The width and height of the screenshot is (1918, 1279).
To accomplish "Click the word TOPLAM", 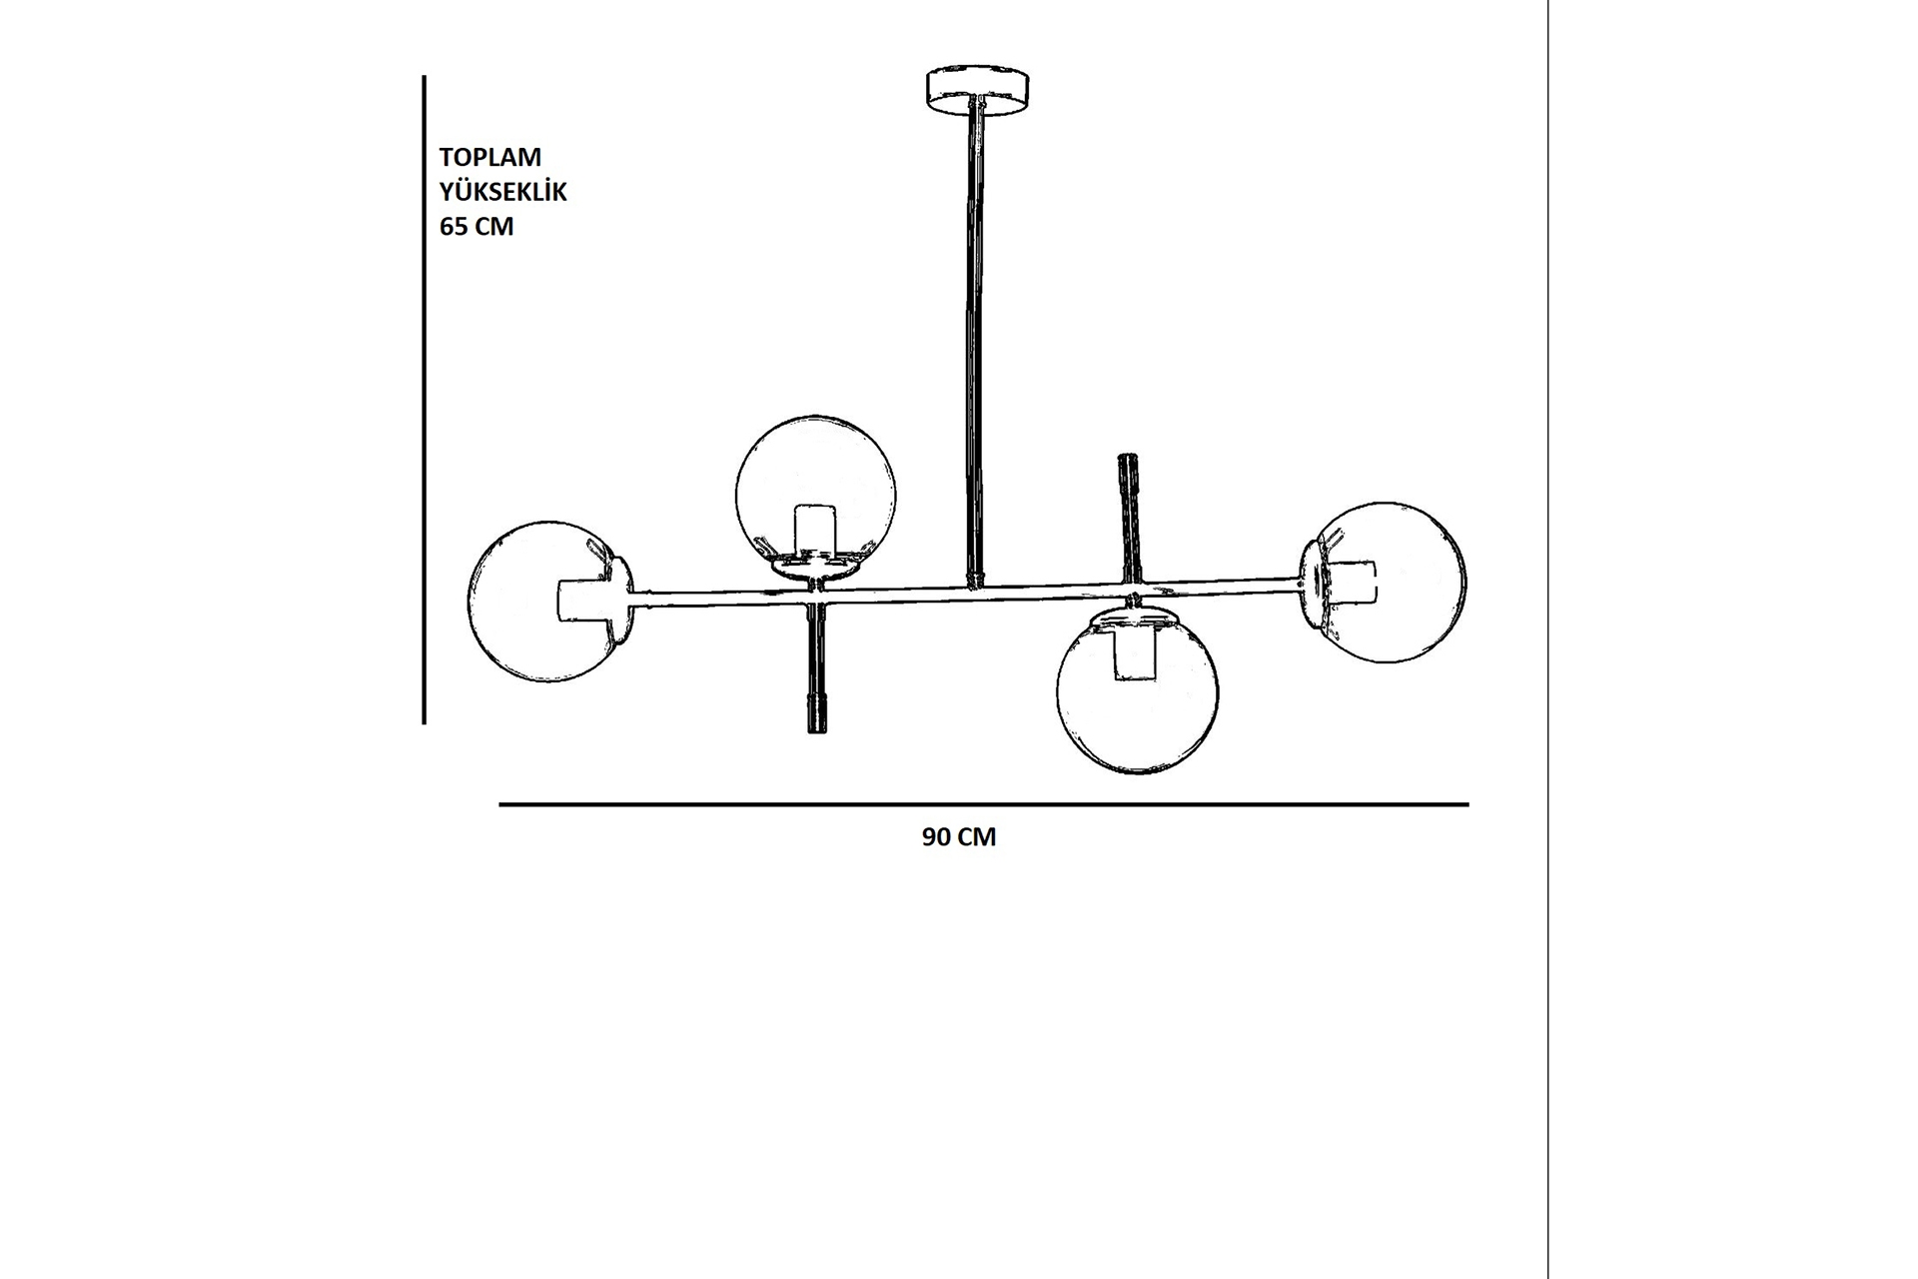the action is click(490, 157).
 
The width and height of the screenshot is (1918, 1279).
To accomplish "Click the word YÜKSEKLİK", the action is click(503, 191).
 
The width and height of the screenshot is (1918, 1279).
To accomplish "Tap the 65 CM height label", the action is click(477, 227).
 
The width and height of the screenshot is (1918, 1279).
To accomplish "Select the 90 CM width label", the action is click(959, 837).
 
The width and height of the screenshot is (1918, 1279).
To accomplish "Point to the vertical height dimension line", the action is click(425, 400).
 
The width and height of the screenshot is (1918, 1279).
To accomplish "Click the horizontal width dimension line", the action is click(984, 804).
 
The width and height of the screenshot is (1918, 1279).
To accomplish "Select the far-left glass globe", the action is click(549, 602).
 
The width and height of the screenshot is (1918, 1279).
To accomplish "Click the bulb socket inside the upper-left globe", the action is click(814, 531).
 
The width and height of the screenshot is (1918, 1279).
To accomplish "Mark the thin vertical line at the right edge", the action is click(1547, 639).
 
